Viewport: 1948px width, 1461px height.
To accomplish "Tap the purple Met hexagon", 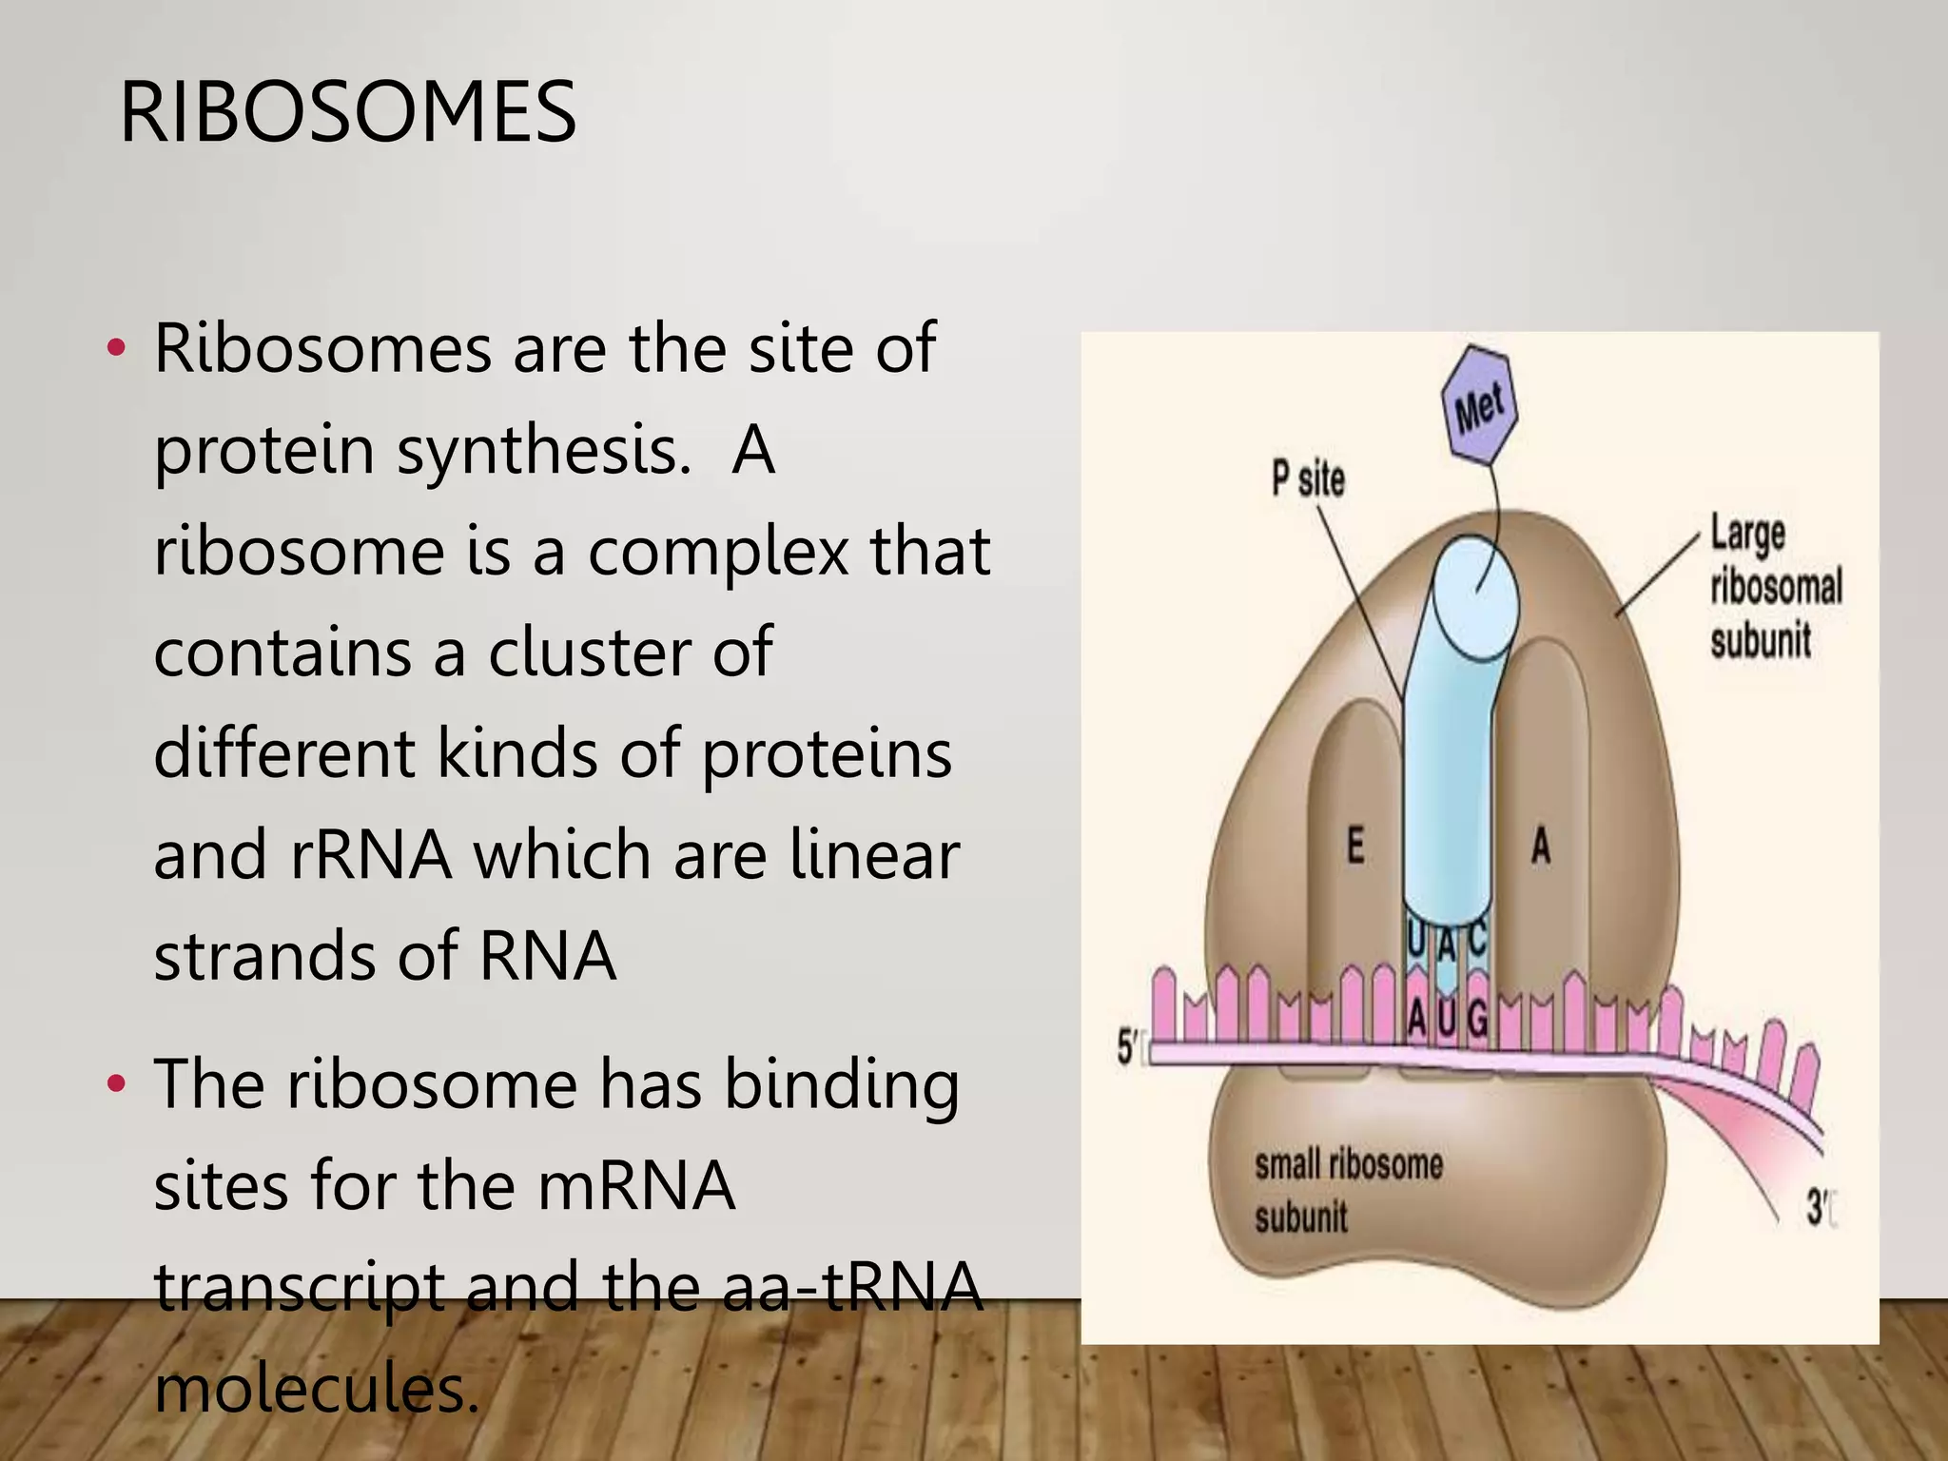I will (x=1479, y=407).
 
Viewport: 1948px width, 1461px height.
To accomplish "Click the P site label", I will (x=1309, y=478).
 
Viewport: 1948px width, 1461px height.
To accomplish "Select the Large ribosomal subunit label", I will (x=1775, y=586).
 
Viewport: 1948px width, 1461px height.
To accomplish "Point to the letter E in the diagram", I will (x=1356, y=846).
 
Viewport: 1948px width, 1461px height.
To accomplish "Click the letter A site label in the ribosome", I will (x=1541, y=846).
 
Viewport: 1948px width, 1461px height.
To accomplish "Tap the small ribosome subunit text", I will (x=1348, y=1190).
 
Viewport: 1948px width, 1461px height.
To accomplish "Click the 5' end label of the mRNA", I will (x=1127, y=1049).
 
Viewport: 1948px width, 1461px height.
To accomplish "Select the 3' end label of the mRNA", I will (x=1818, y=1210).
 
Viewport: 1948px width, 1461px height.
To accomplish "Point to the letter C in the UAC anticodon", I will (x=1476, y=939).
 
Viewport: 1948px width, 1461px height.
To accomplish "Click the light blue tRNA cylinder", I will (x=1446, y=761).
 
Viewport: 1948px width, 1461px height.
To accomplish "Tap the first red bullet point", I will (x=116, y=348).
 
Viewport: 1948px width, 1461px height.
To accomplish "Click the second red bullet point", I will (x=116, y=1083).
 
